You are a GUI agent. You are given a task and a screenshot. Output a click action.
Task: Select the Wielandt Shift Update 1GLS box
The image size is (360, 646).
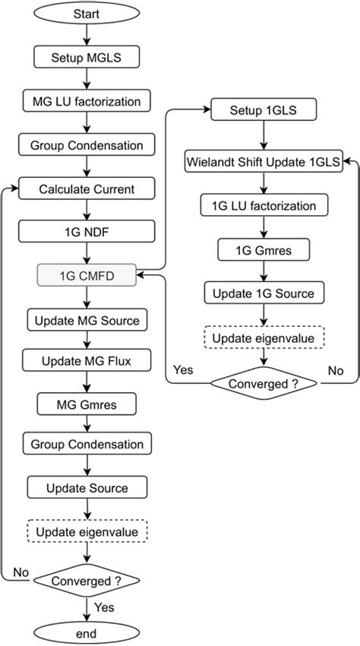click(x=263, y=160)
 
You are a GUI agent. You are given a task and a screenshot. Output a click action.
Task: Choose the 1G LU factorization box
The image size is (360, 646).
click(x=263, y=204)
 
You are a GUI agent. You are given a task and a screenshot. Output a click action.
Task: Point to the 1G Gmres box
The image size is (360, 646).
click(x=263, y=249)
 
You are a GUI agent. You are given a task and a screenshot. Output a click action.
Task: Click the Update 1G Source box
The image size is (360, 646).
click(x=263, y=293)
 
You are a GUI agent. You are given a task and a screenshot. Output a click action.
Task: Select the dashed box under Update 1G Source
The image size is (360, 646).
click(x=263, y=337)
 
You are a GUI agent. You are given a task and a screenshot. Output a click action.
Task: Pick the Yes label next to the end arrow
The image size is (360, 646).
click(x=104, y=608)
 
